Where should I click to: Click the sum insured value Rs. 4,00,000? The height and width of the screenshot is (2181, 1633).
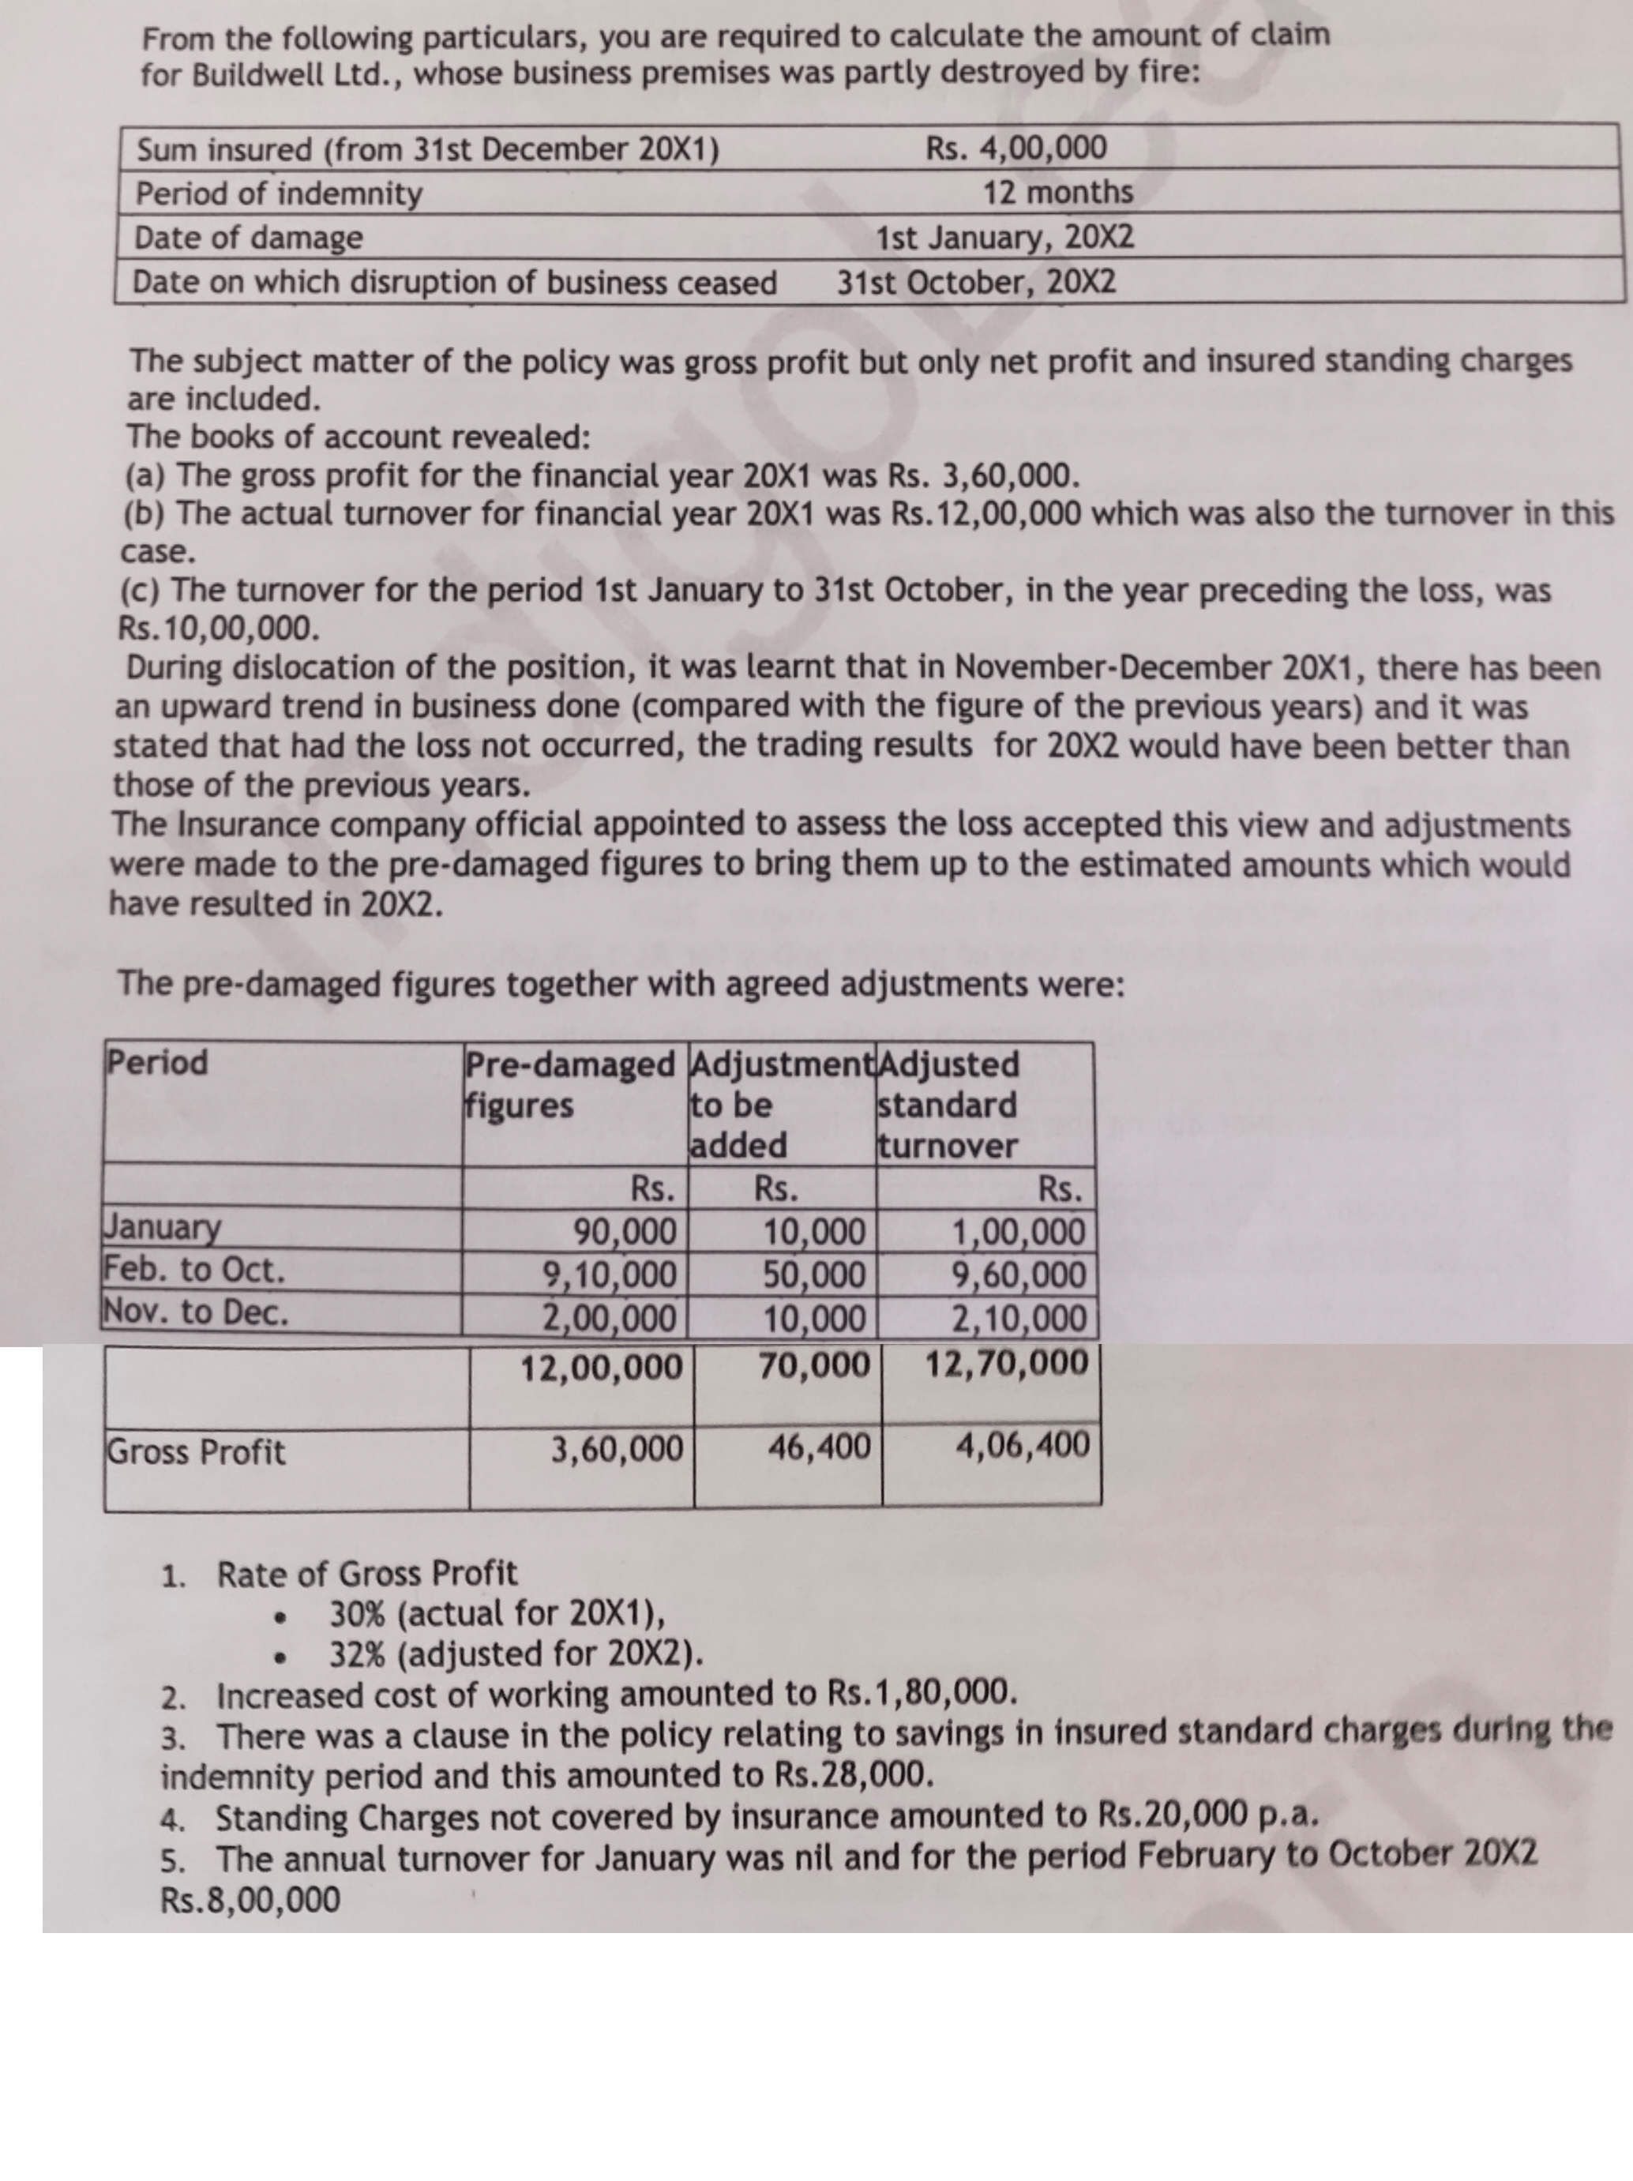(1015, 149)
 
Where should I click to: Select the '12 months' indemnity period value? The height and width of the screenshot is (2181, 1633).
(1057, 192)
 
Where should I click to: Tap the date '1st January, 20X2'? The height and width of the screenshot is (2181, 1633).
(1005, 238)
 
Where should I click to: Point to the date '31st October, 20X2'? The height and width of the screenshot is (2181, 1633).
(976, 283)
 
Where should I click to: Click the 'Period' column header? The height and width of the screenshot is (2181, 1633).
(157, 1063)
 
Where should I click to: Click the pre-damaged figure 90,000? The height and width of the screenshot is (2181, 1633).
(625, 1233)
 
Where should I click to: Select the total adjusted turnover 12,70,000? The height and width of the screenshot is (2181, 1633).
(1007, 1365)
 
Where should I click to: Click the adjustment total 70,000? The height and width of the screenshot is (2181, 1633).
(815, 1365)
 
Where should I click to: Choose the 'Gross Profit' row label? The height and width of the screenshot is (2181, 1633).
(195, 1451)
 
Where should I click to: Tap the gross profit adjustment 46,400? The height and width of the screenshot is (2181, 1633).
(818, 1447)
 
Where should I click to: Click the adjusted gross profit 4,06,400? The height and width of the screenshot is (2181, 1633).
(1023, 1446)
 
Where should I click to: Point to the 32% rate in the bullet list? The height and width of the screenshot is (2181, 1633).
(358, 1654)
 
